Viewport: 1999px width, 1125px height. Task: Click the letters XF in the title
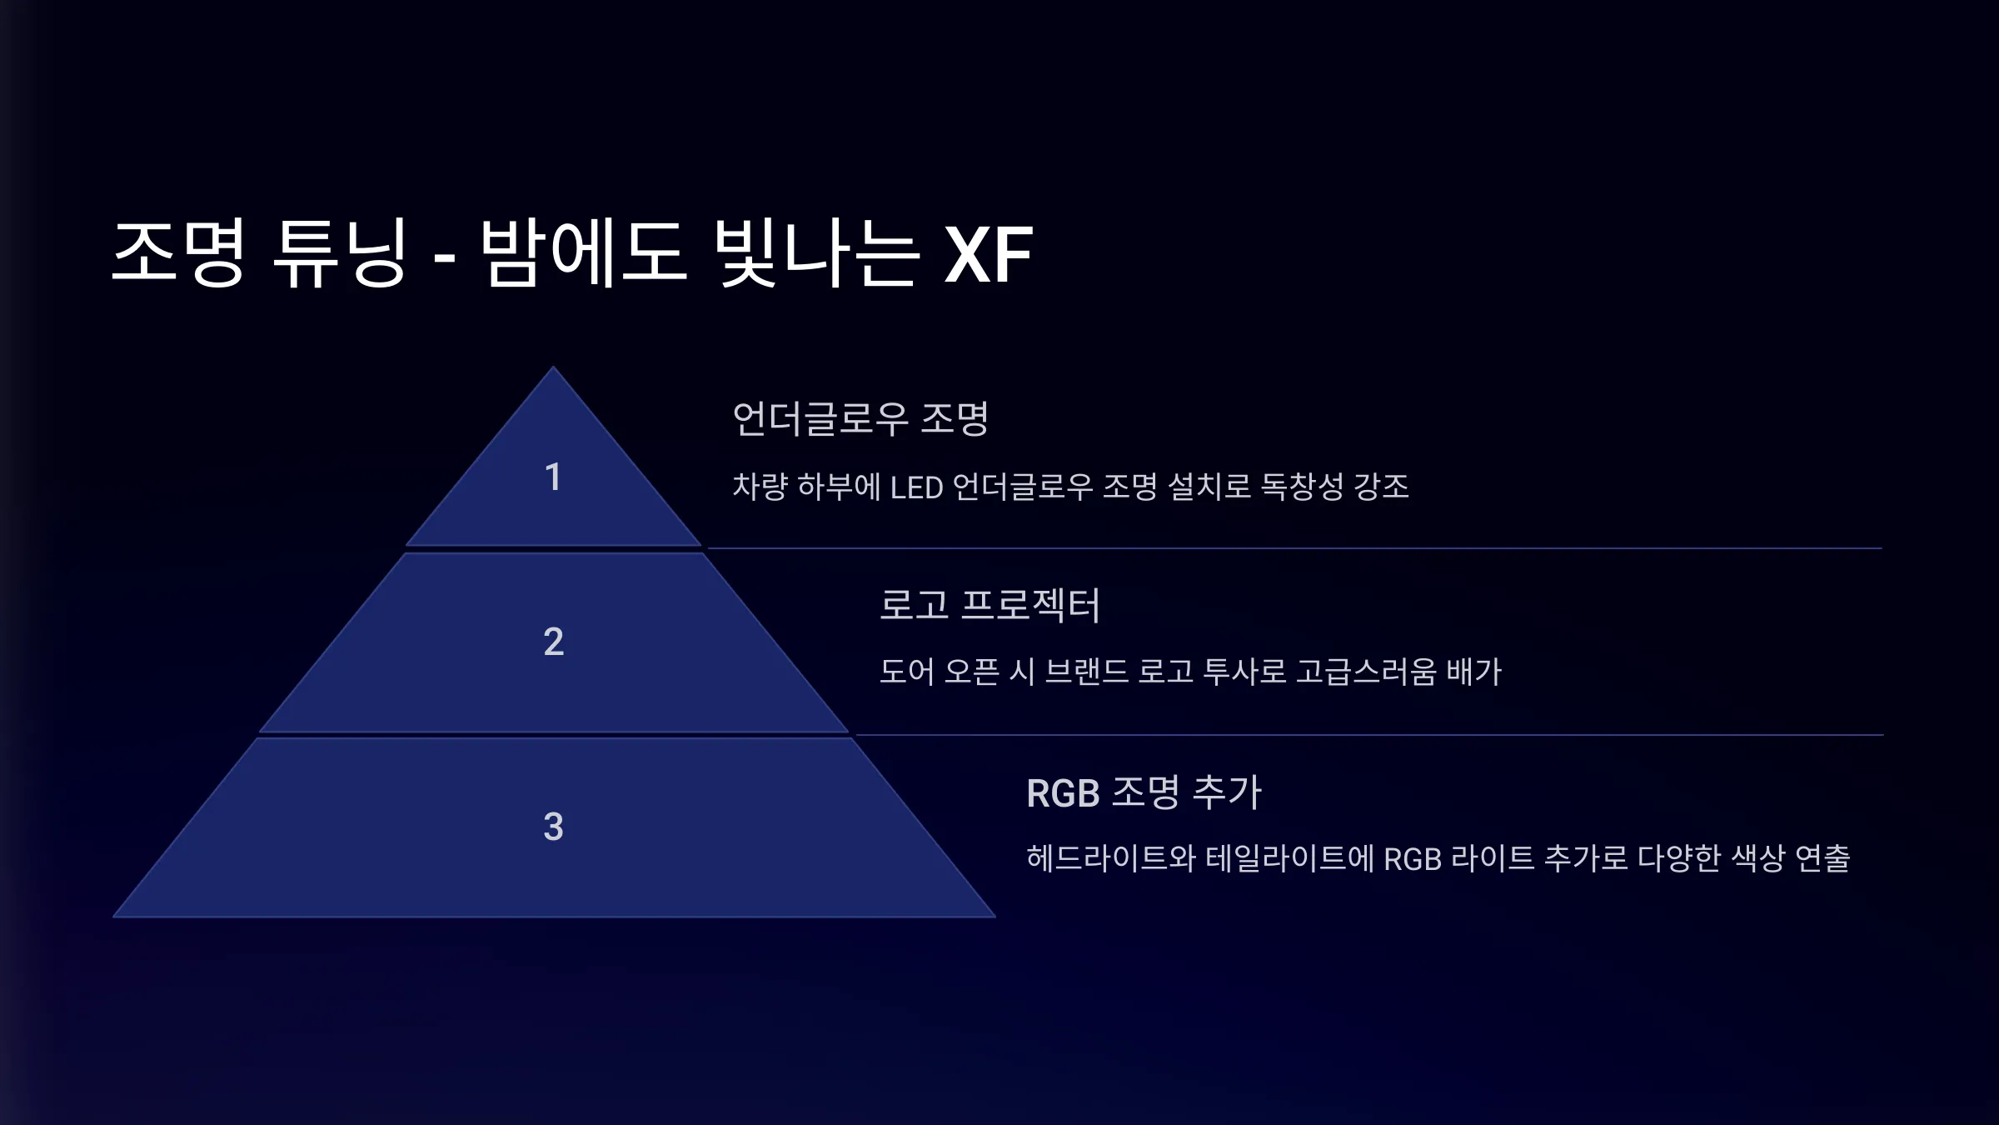(x=989, y=253)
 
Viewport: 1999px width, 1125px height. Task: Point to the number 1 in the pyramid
(x=553, y=477)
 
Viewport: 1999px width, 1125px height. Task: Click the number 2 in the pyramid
(x=554, y=642)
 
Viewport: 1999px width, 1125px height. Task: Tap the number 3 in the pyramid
(x=554, y=827)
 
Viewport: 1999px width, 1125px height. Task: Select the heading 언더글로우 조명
(x=860, y=418)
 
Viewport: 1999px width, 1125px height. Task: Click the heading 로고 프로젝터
(x=990, y=604)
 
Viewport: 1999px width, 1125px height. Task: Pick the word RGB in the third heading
(x=1064, y=792)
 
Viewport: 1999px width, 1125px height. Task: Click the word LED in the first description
(x=916, y=487)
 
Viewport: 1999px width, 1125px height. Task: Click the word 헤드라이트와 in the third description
(x=1111, y=857)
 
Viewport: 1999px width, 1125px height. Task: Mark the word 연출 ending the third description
(x=1822, y=857)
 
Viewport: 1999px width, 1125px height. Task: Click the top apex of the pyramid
(x=553, y=367)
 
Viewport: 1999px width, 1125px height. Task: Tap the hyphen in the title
(x=445, y=259)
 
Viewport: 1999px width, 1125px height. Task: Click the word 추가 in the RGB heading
(x=1228, y=792)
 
